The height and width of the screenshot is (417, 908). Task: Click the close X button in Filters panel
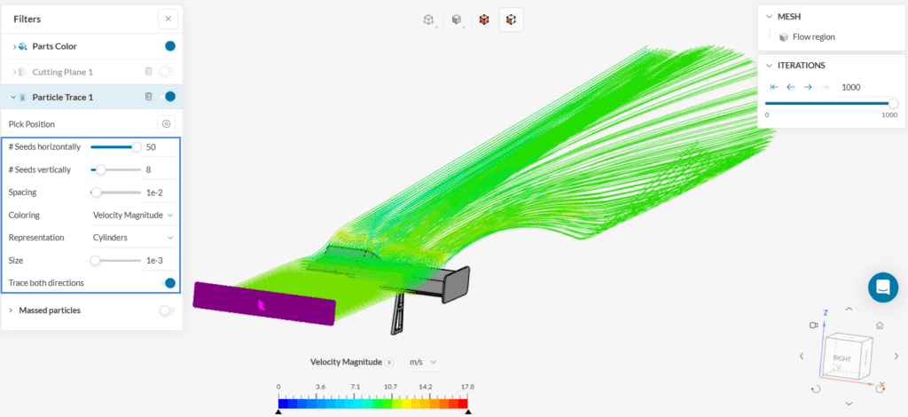click(168, 19)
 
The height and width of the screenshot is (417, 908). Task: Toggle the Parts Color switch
click(168, 46)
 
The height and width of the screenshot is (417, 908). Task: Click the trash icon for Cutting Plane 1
click(148, 72)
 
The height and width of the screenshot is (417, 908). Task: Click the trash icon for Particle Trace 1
click(148, 97)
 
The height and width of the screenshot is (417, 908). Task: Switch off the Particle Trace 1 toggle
click(168, 97)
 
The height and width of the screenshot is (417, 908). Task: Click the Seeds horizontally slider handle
click(137, 146)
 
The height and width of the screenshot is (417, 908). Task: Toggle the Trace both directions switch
click(168, 283)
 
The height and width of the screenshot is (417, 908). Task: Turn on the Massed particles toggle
click(167, 311)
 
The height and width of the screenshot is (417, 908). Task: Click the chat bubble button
click(882, 287)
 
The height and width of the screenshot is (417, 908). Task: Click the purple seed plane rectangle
click(264, 303)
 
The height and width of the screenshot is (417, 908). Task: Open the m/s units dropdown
click(423, 362)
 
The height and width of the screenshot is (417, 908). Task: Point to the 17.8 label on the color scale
click(467, 387)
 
